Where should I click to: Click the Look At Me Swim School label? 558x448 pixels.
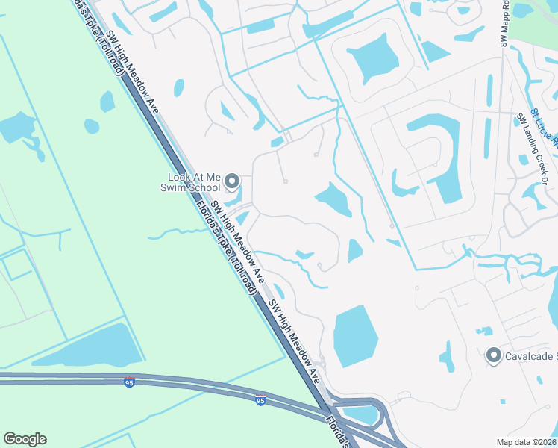(x=194, y=182)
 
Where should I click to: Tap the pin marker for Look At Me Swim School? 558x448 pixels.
(x=232, y=181)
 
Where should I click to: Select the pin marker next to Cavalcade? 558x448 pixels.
(x=493, y=356)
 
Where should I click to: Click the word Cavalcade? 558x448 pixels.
(x=530, y=357)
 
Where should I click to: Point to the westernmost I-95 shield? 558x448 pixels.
(x=130, y=382)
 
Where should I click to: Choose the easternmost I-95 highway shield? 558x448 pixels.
(x=260, y=400)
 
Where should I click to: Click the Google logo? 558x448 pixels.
(x=25, y=439)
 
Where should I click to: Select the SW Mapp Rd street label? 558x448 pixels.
(x=506, y=22)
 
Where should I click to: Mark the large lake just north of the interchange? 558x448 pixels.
(x=356, y=337)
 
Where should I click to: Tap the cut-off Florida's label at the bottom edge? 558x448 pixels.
(x=340, y=434)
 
